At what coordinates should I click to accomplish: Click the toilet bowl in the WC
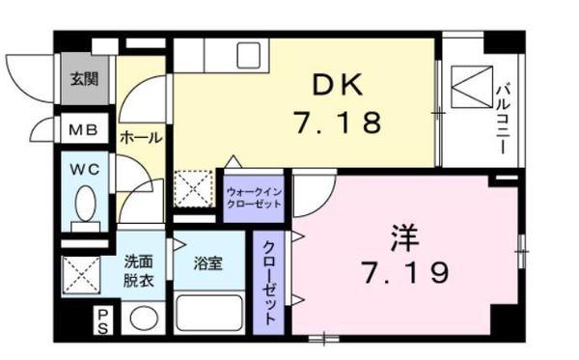coord(85,205)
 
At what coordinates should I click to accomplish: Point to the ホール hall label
coord(140,139)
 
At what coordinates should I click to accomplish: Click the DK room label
coord(336,86)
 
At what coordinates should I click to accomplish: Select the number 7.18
coord(337,123)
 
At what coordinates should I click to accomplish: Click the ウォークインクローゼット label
coord(253,196)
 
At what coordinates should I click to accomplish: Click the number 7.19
coord(405,273)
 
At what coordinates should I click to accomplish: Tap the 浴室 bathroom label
coord(208,263)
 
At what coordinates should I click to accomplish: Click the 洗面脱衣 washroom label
coord(138,269)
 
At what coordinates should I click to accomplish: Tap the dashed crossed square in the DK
coord(193,189)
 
